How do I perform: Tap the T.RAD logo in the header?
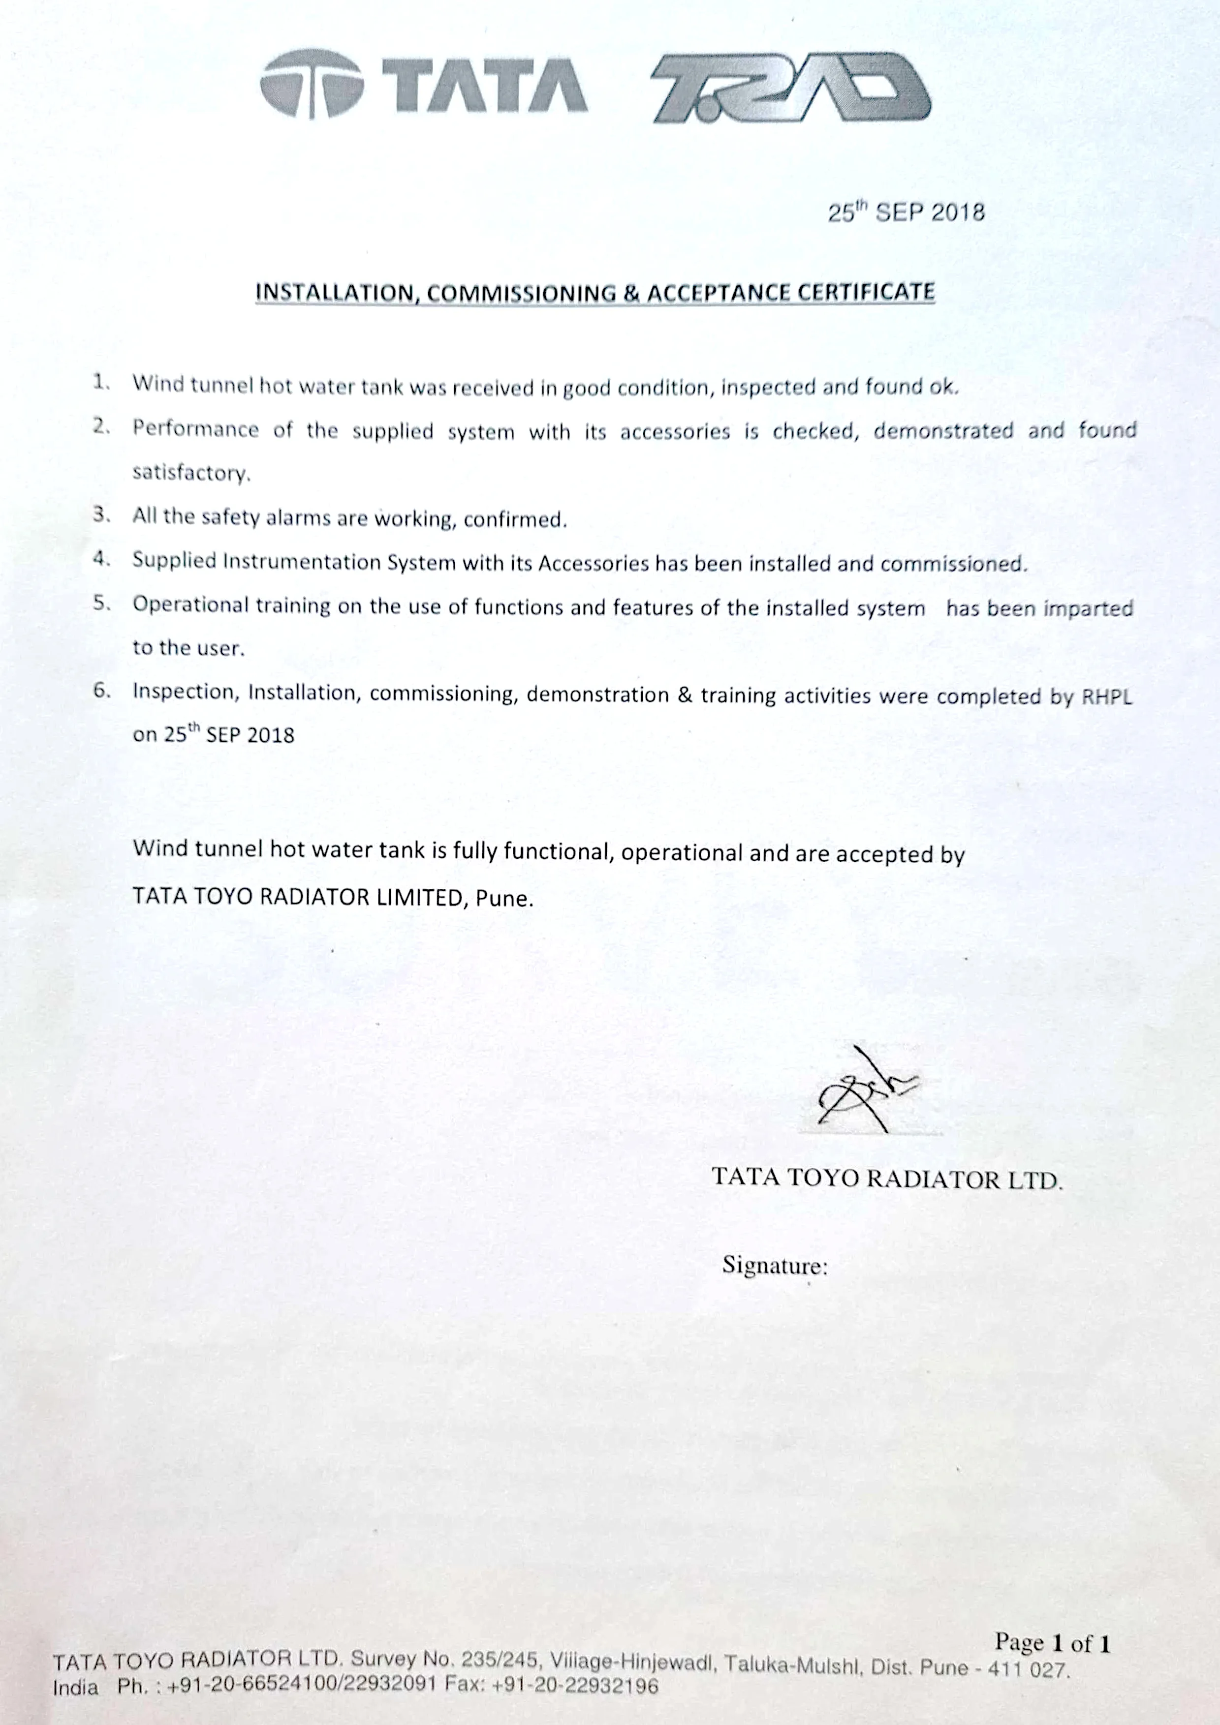click(791, 88)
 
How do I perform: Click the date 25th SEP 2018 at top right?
click(906, 212)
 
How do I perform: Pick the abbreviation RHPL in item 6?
click(1106, 696)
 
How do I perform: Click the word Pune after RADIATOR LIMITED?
click(503, 899)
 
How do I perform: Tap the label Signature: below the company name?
click(774, 1266)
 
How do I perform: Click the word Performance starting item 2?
click(195, 429)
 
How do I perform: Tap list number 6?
click(101, 691)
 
